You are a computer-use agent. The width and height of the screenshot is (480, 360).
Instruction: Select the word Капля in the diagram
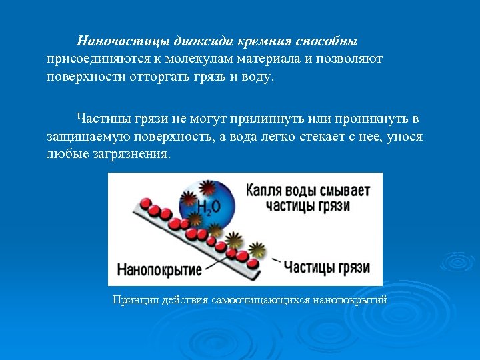[265, 190]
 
